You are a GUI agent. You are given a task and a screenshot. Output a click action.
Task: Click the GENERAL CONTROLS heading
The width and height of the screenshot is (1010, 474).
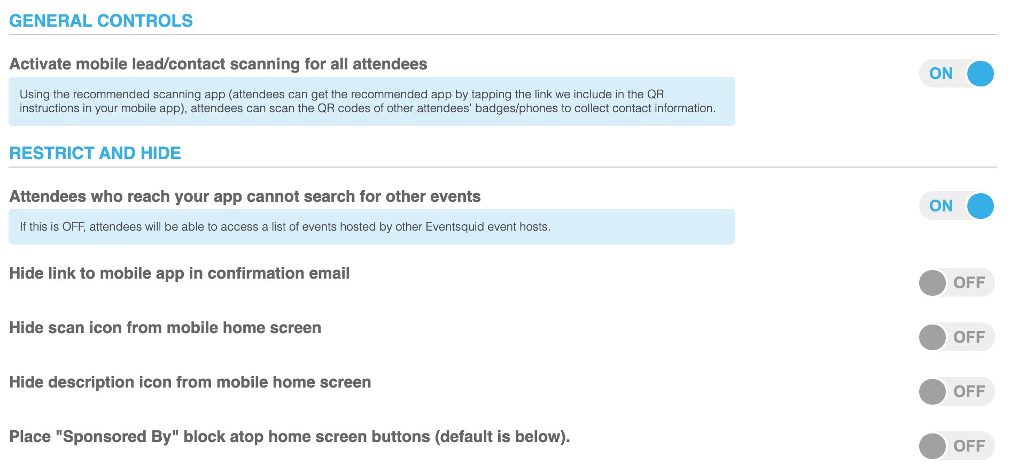coord(101,21)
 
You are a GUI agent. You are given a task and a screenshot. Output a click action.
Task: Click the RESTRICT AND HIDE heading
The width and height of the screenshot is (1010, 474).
coord(95,153)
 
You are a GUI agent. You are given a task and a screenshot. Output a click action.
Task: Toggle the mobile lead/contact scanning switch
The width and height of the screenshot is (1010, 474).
coord(957,73)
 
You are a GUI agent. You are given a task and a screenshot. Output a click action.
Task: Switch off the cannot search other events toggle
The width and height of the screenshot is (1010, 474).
coord(957,206)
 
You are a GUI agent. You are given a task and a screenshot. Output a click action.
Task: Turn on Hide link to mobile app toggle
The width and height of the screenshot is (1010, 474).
coord(957,282)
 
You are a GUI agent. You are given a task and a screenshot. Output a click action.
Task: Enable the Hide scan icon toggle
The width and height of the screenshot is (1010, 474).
coord(957,337)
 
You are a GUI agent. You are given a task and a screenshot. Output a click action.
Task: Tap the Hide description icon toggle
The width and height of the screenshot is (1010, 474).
coord(957,391)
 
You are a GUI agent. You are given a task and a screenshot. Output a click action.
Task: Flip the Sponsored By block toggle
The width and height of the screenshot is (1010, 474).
coord(957,446)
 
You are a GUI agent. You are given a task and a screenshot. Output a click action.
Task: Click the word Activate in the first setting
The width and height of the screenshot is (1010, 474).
coord(41,64)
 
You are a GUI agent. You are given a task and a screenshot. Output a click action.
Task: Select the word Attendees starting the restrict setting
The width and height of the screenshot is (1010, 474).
coord(48,196)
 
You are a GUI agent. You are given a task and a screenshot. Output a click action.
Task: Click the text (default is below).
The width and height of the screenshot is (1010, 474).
coord(502,437)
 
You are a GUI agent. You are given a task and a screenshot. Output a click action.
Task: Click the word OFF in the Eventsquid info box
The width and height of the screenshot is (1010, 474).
coord(73,227)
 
